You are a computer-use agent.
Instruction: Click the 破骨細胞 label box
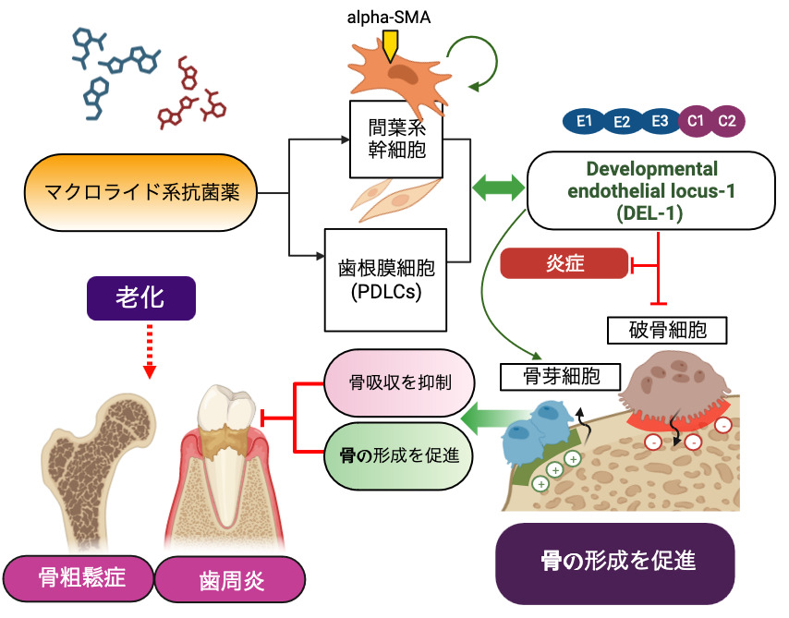[x=668, y=329]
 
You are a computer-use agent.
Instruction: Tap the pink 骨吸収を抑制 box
[x=400, y=382]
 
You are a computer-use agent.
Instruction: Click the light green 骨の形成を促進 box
[x=400, y=454]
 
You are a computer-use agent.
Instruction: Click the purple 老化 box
[x=140, y=299]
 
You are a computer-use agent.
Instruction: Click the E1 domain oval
[x=584, y=120]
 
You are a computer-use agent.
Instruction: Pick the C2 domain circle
[x=727, y=120]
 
